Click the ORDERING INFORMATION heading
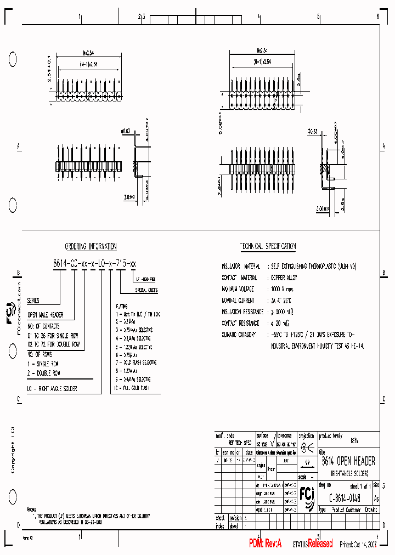click(91, 247)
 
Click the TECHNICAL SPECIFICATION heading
click(268, 247)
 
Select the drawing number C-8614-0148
click(345, 497)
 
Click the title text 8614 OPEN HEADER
click(348, 461)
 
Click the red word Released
click(320, 543)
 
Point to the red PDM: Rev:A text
click(265, 543)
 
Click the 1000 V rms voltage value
click(283, 288)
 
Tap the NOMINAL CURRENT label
click(238, 301)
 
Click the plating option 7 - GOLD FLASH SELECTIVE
click(136, 363)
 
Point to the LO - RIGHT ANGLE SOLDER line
click(52, 388)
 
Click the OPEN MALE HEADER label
click(46, 315)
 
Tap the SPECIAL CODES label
click(146, 290)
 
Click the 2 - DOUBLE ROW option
click(44, 372)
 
